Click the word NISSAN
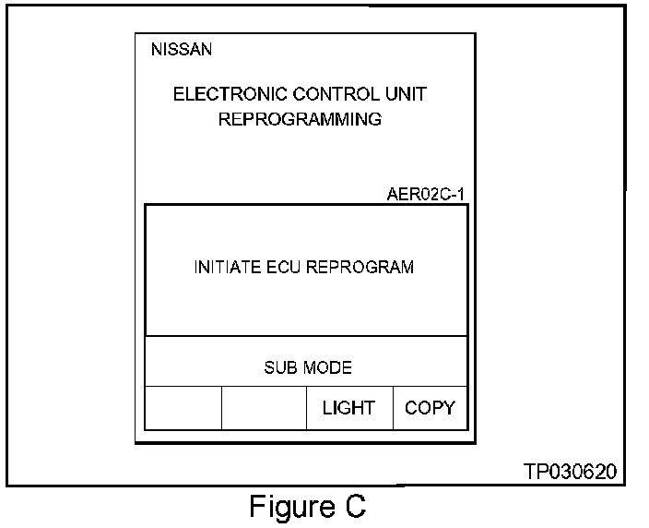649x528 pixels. tap(181, 50)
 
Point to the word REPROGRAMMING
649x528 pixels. tap(300, 119)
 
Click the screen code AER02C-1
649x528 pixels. tap(426, 195)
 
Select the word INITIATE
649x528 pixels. tap(224, 268)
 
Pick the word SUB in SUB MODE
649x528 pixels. tap(280, 367)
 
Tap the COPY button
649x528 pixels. tap(430, 408)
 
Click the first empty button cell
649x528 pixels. tap(183, 408)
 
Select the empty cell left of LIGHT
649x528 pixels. tap(264, 408)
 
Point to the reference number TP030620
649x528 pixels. tap(570, 472)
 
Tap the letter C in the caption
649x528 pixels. tap(355, 507)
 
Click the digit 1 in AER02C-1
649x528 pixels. tap(461, 195)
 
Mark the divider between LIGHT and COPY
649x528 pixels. tap(394, 408)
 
